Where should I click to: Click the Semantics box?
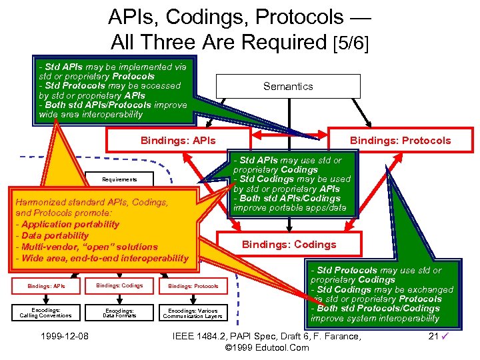click(288, 87)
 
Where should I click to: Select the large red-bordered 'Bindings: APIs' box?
click(178, 141)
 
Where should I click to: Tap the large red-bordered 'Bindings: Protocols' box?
click(400, 141)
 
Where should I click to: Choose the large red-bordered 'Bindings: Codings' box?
click(289, 245)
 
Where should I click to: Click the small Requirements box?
click(119, 179)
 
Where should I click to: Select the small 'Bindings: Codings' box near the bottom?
click(119, 286)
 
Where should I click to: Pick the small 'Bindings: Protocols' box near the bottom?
click(193, 286)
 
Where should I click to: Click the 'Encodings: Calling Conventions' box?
click(46, 313)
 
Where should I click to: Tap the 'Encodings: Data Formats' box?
click(119, 313)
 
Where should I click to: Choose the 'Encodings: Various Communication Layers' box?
click(193, 313)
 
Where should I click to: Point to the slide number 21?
click(433, 336)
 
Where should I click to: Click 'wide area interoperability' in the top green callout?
click(91, 115)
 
